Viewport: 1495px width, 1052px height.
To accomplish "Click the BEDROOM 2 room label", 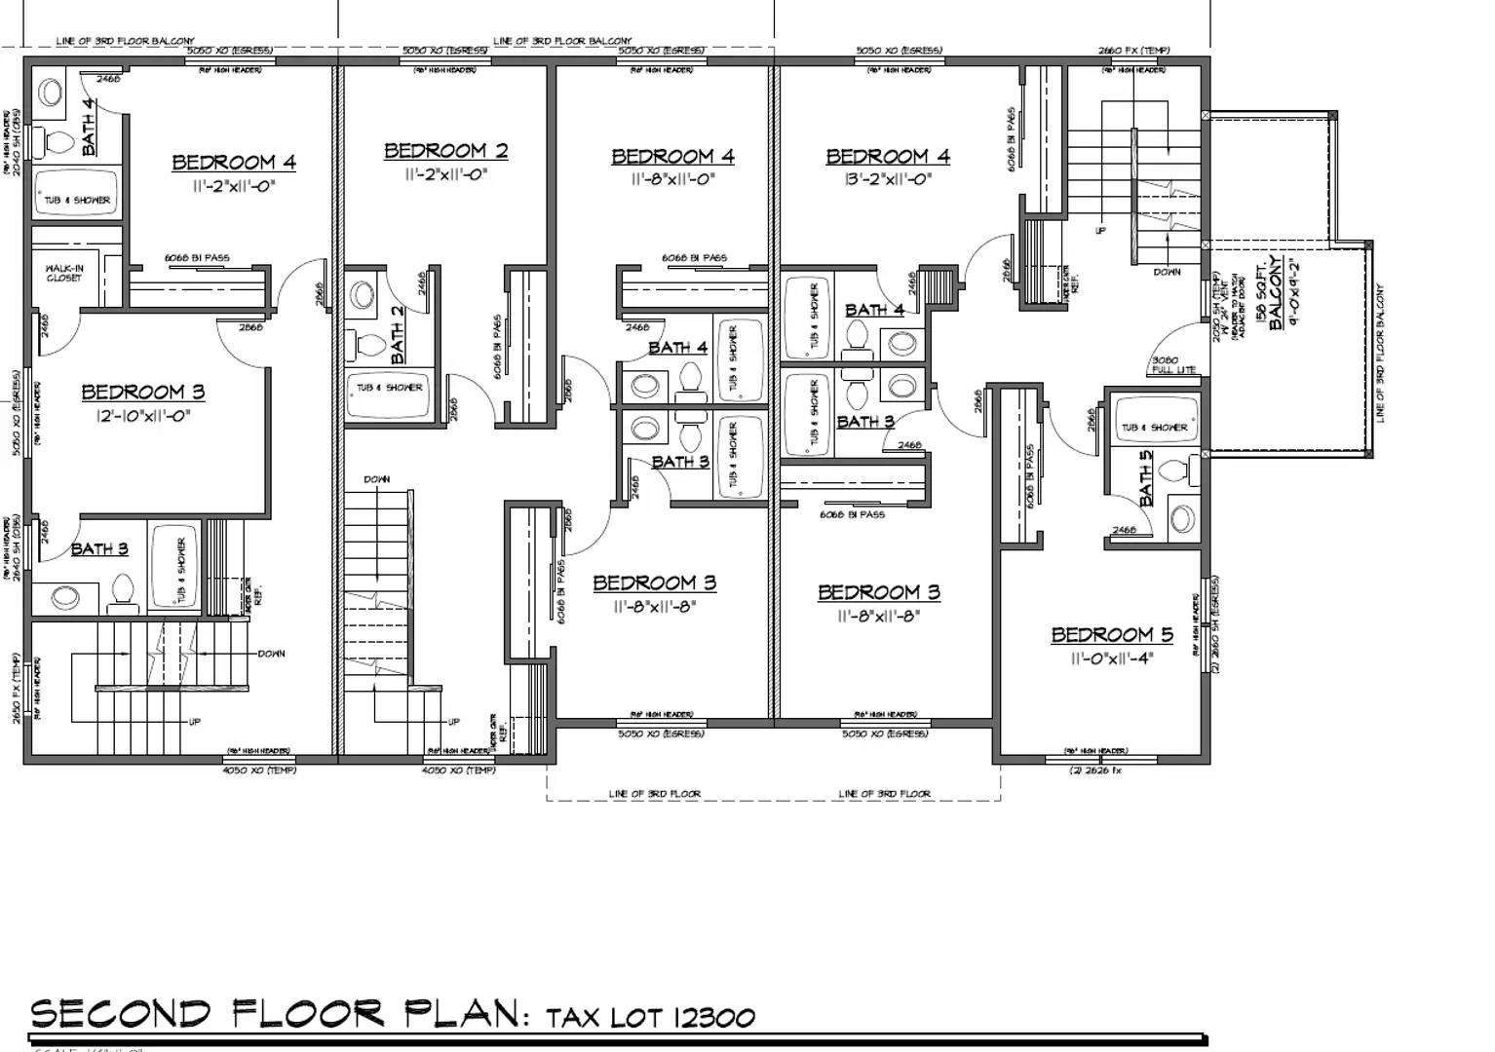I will coord(445,151).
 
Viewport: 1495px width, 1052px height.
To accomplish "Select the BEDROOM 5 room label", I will coord(1111,635).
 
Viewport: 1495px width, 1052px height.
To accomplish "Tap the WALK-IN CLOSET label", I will coord(64,273).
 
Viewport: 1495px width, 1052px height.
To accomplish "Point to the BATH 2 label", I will coord(398,334).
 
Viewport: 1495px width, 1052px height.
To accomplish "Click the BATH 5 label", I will coord(1146,476).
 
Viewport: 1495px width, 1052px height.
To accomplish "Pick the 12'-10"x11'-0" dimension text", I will coord(142,416).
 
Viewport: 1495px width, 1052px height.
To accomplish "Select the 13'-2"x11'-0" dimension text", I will coord(887,179).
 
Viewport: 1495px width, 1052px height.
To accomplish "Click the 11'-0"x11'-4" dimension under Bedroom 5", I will coord(1111,658).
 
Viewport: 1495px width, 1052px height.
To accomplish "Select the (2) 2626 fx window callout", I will coord(1095,770).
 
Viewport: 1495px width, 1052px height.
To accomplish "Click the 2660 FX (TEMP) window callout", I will coord(1133,51).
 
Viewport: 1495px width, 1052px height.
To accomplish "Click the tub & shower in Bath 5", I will coord(1153,426).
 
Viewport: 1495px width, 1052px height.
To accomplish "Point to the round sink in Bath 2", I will coord(363,295).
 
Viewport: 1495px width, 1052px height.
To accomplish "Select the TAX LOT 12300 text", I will coord(650,1019).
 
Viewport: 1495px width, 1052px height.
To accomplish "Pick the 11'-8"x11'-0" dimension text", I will coord(672,179).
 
